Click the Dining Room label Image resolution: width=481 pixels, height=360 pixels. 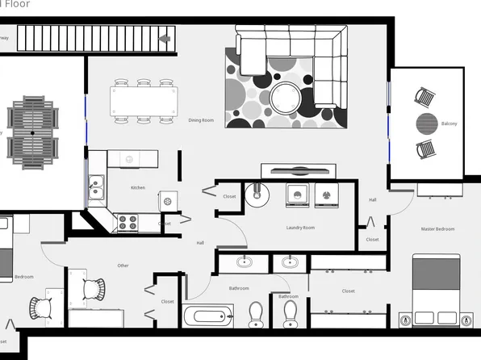(x=201, y=120)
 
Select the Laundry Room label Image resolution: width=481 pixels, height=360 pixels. (x=300, y=228)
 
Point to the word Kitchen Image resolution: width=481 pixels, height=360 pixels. (x=138, y=188)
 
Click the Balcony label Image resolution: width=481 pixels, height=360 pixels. (x=449, y=123)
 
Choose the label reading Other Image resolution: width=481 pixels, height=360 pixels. (x=123, y=266)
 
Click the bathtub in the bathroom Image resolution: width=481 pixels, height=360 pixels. (x=208, y=316)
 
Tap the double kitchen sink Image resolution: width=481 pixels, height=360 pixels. (x=96, y=188)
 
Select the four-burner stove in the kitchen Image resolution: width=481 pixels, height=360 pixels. (x=128, y=222)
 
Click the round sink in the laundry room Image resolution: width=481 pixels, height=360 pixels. (x=259, y=195)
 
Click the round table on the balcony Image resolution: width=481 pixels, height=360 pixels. (x=427, y=124)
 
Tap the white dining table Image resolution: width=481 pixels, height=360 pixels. (x=144, y=102)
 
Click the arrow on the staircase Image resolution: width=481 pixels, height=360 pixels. (x=165, y=38)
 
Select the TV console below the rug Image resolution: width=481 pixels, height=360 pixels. (x=299, y=171)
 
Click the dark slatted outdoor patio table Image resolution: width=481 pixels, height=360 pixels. (x=32, y=128)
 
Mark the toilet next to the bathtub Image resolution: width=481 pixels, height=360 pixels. (x=256, y=314)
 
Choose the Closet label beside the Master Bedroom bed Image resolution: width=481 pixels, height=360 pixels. (x=348, y=291)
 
